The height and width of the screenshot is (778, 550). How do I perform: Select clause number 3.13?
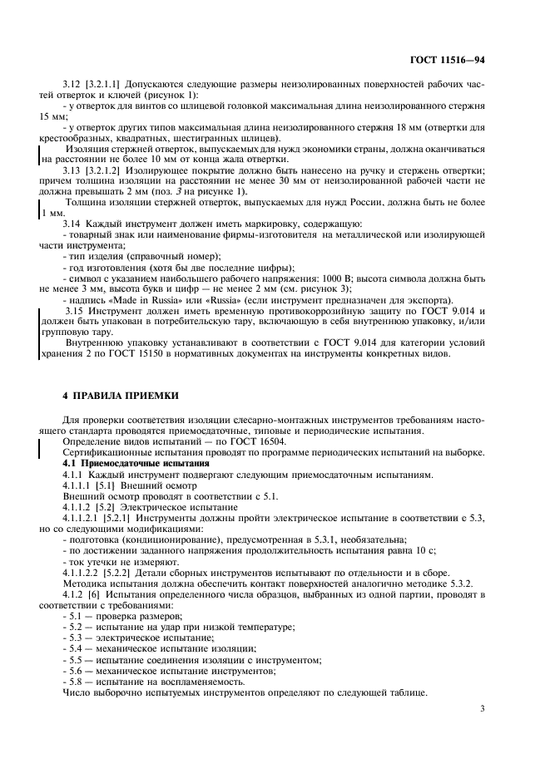73,170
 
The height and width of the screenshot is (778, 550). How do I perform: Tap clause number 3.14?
73,224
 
